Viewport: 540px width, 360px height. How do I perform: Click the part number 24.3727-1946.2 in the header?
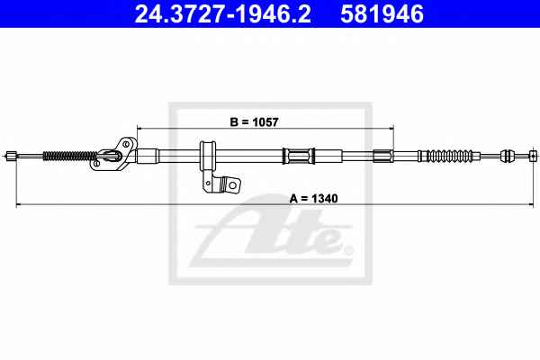[x=223, y=14]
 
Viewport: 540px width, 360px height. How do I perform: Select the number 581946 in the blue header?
[x=382, y=14]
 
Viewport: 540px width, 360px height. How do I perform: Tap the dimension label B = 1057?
[x=254, y=122]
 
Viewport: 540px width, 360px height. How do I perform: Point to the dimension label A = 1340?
[x=313, y=198]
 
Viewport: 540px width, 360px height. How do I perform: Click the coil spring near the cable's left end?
[x=70, y=156]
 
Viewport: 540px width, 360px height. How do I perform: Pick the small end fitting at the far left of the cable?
[x=11, y=156]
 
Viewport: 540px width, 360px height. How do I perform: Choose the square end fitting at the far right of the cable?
[x=533, y=156]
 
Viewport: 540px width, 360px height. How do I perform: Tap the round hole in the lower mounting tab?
[x=232, y=185]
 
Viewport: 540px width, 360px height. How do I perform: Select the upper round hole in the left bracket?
[x=126, y=144]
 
